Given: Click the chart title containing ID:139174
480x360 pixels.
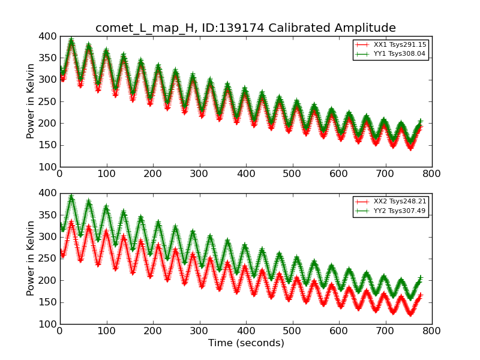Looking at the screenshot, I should (245, 28).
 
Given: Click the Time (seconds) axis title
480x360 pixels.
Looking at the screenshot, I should (246, 343).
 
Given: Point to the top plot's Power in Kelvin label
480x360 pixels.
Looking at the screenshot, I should (31, 101).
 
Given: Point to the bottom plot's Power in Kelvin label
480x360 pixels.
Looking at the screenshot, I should (31, 259).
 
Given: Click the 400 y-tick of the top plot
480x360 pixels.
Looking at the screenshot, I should (48, 36).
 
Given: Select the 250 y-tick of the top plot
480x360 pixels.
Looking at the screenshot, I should (48, 101).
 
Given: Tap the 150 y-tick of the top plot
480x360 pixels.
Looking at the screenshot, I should (48, 145).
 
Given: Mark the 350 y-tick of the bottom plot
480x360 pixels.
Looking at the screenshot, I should (48, 215).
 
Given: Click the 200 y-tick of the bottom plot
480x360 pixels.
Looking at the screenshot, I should (48, 280).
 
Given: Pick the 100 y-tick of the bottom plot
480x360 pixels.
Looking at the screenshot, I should (48, 324).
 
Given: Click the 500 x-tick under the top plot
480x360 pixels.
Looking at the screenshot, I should (292, 174).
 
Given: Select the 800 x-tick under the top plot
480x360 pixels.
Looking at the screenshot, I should (431, 174).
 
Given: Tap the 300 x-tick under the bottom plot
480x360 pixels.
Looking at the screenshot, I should (199, 331).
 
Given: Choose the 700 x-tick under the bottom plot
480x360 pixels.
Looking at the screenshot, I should (385, 331).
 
